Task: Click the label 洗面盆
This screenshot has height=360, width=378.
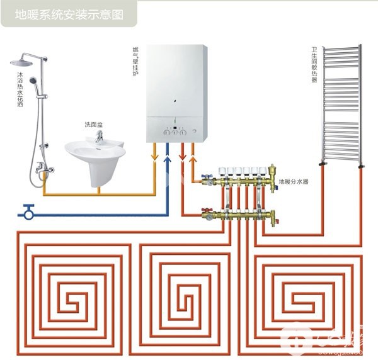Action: pyautogui.click(x=94, y=125)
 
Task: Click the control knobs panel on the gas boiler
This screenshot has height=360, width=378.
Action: pyautogui.click(x=175, y=132)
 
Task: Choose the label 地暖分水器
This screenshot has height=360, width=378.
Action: pyautogui.click(x=294, y=182)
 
